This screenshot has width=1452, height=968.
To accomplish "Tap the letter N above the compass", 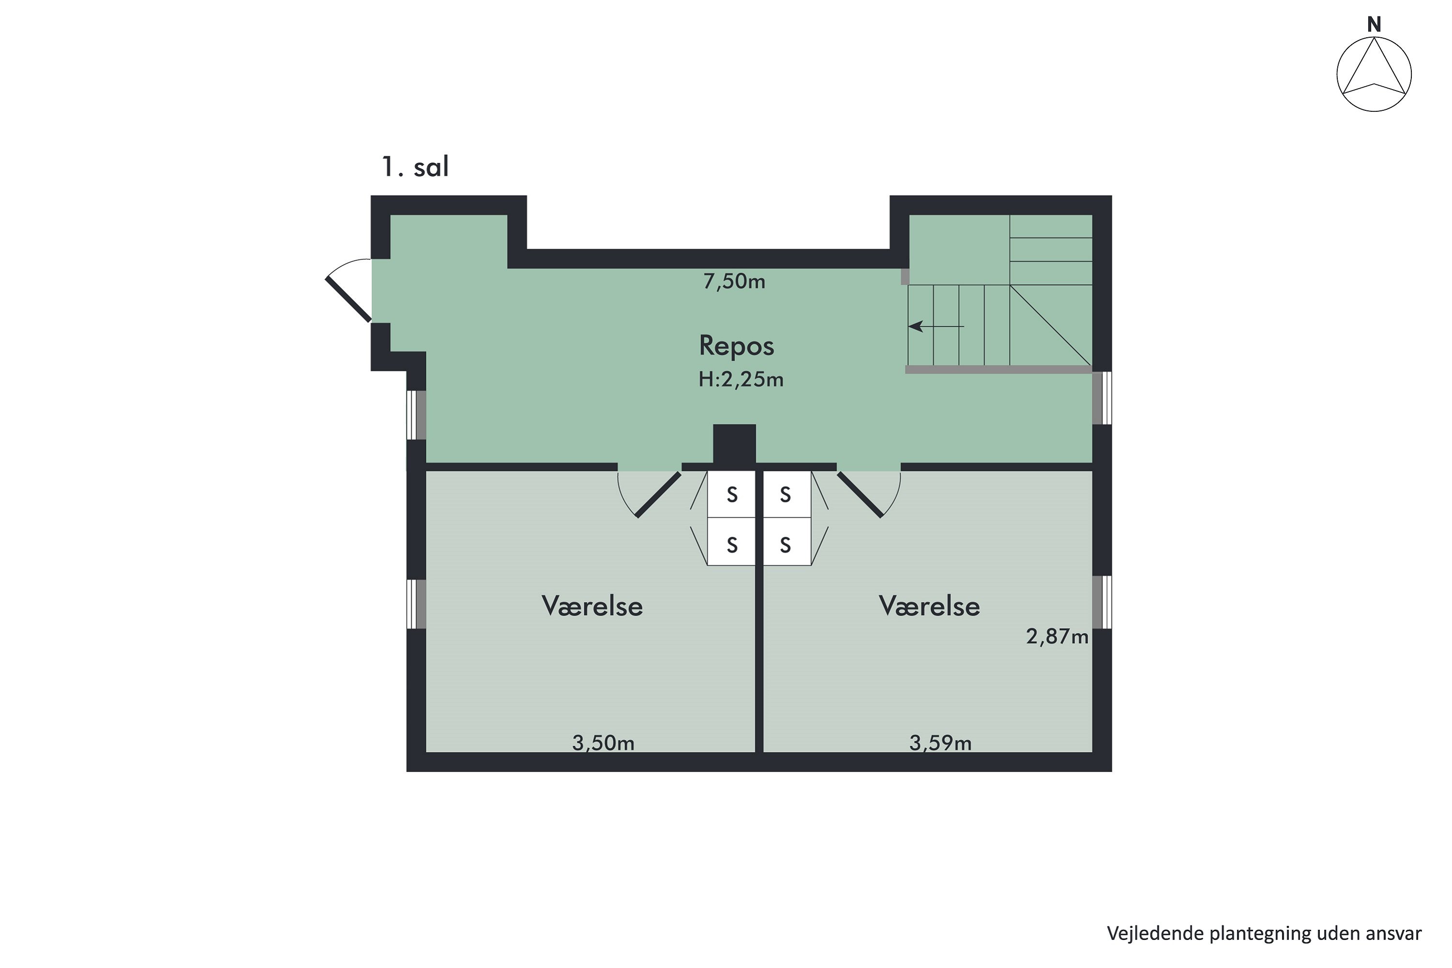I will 1374,25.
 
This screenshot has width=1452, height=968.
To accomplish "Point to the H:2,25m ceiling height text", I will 741,379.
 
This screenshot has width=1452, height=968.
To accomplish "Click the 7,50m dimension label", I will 734,282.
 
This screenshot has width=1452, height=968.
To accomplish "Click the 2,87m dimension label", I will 1057,636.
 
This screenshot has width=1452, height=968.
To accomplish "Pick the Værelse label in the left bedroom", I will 592,606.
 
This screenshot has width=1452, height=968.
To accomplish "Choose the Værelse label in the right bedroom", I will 929,606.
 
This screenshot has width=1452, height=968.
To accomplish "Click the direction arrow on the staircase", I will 935,326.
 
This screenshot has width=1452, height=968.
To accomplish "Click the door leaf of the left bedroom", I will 658,495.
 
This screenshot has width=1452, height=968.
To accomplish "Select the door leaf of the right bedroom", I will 860,495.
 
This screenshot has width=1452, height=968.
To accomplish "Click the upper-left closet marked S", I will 731,495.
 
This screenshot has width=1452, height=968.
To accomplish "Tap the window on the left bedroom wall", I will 416,604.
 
